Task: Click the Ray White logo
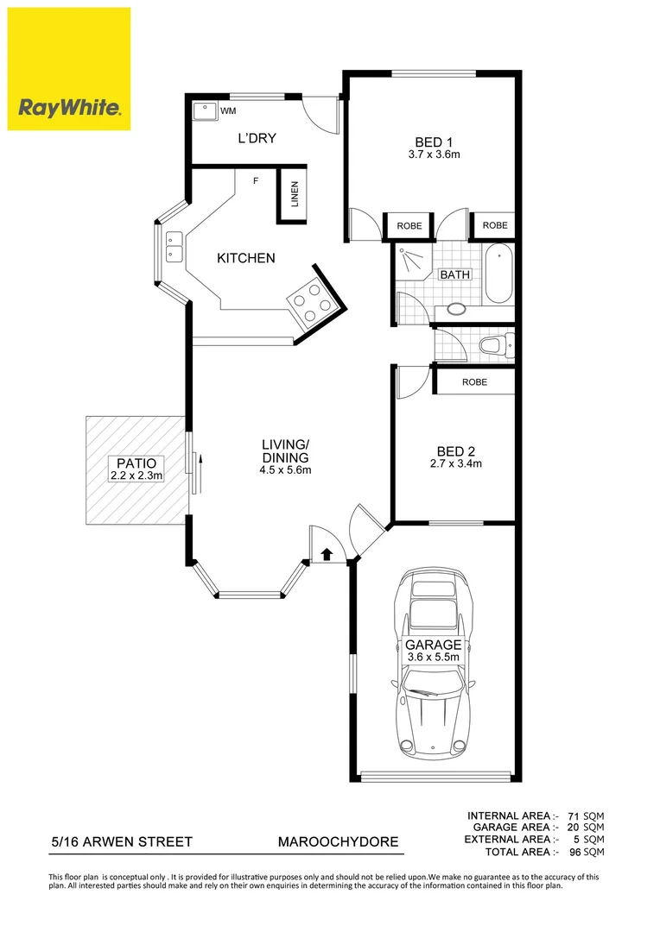coord(69,69)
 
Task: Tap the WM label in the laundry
coord(228,111)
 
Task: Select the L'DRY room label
coord(257,138)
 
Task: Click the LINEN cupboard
coord(294,195)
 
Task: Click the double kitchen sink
coord(174,247)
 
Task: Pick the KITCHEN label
coord(245,258)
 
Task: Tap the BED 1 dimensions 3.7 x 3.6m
coord(433,155)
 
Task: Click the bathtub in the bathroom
coord(498,274)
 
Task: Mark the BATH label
coord(455,275)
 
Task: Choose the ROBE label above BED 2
coord(474,381)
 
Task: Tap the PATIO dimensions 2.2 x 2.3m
coord(136,475)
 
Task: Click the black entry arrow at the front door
coord(327,554)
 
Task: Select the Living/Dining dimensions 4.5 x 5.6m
coord(285,470)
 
